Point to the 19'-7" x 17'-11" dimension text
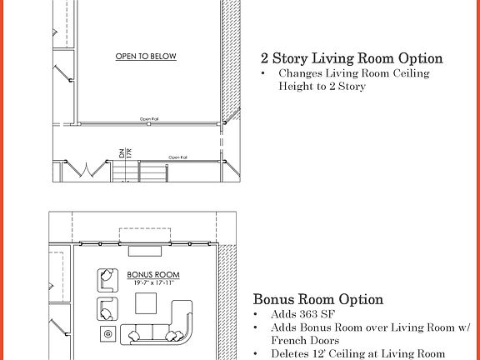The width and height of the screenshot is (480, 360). [x=147, y=283]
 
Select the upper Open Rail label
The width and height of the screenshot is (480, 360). [x=149, y=118]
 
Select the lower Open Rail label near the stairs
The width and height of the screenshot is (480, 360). [x=177, y=157]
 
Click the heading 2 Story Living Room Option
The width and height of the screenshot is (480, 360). [x=351, y=58]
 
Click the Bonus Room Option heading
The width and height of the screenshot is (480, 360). [x=317, y=299]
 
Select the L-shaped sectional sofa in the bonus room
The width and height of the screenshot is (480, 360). [x=166, y=327]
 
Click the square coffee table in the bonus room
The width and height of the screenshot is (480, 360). [x=147, y=307]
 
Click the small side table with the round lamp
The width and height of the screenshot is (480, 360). [x=108, y=335]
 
